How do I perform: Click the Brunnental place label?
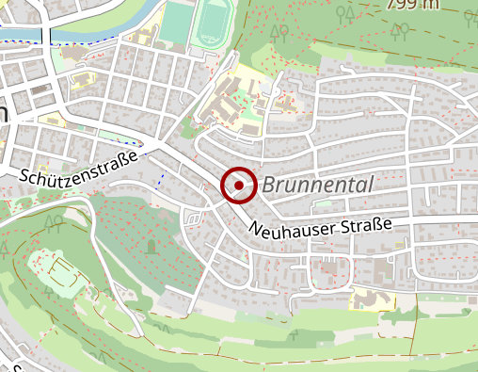coord(318,185)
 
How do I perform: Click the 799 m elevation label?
coord(411,5)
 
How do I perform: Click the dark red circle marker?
coord(239,185)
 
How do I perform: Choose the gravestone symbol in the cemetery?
coord(151,247)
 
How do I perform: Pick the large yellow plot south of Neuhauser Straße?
coord(374,299)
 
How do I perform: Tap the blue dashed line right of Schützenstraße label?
coord(161,177)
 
